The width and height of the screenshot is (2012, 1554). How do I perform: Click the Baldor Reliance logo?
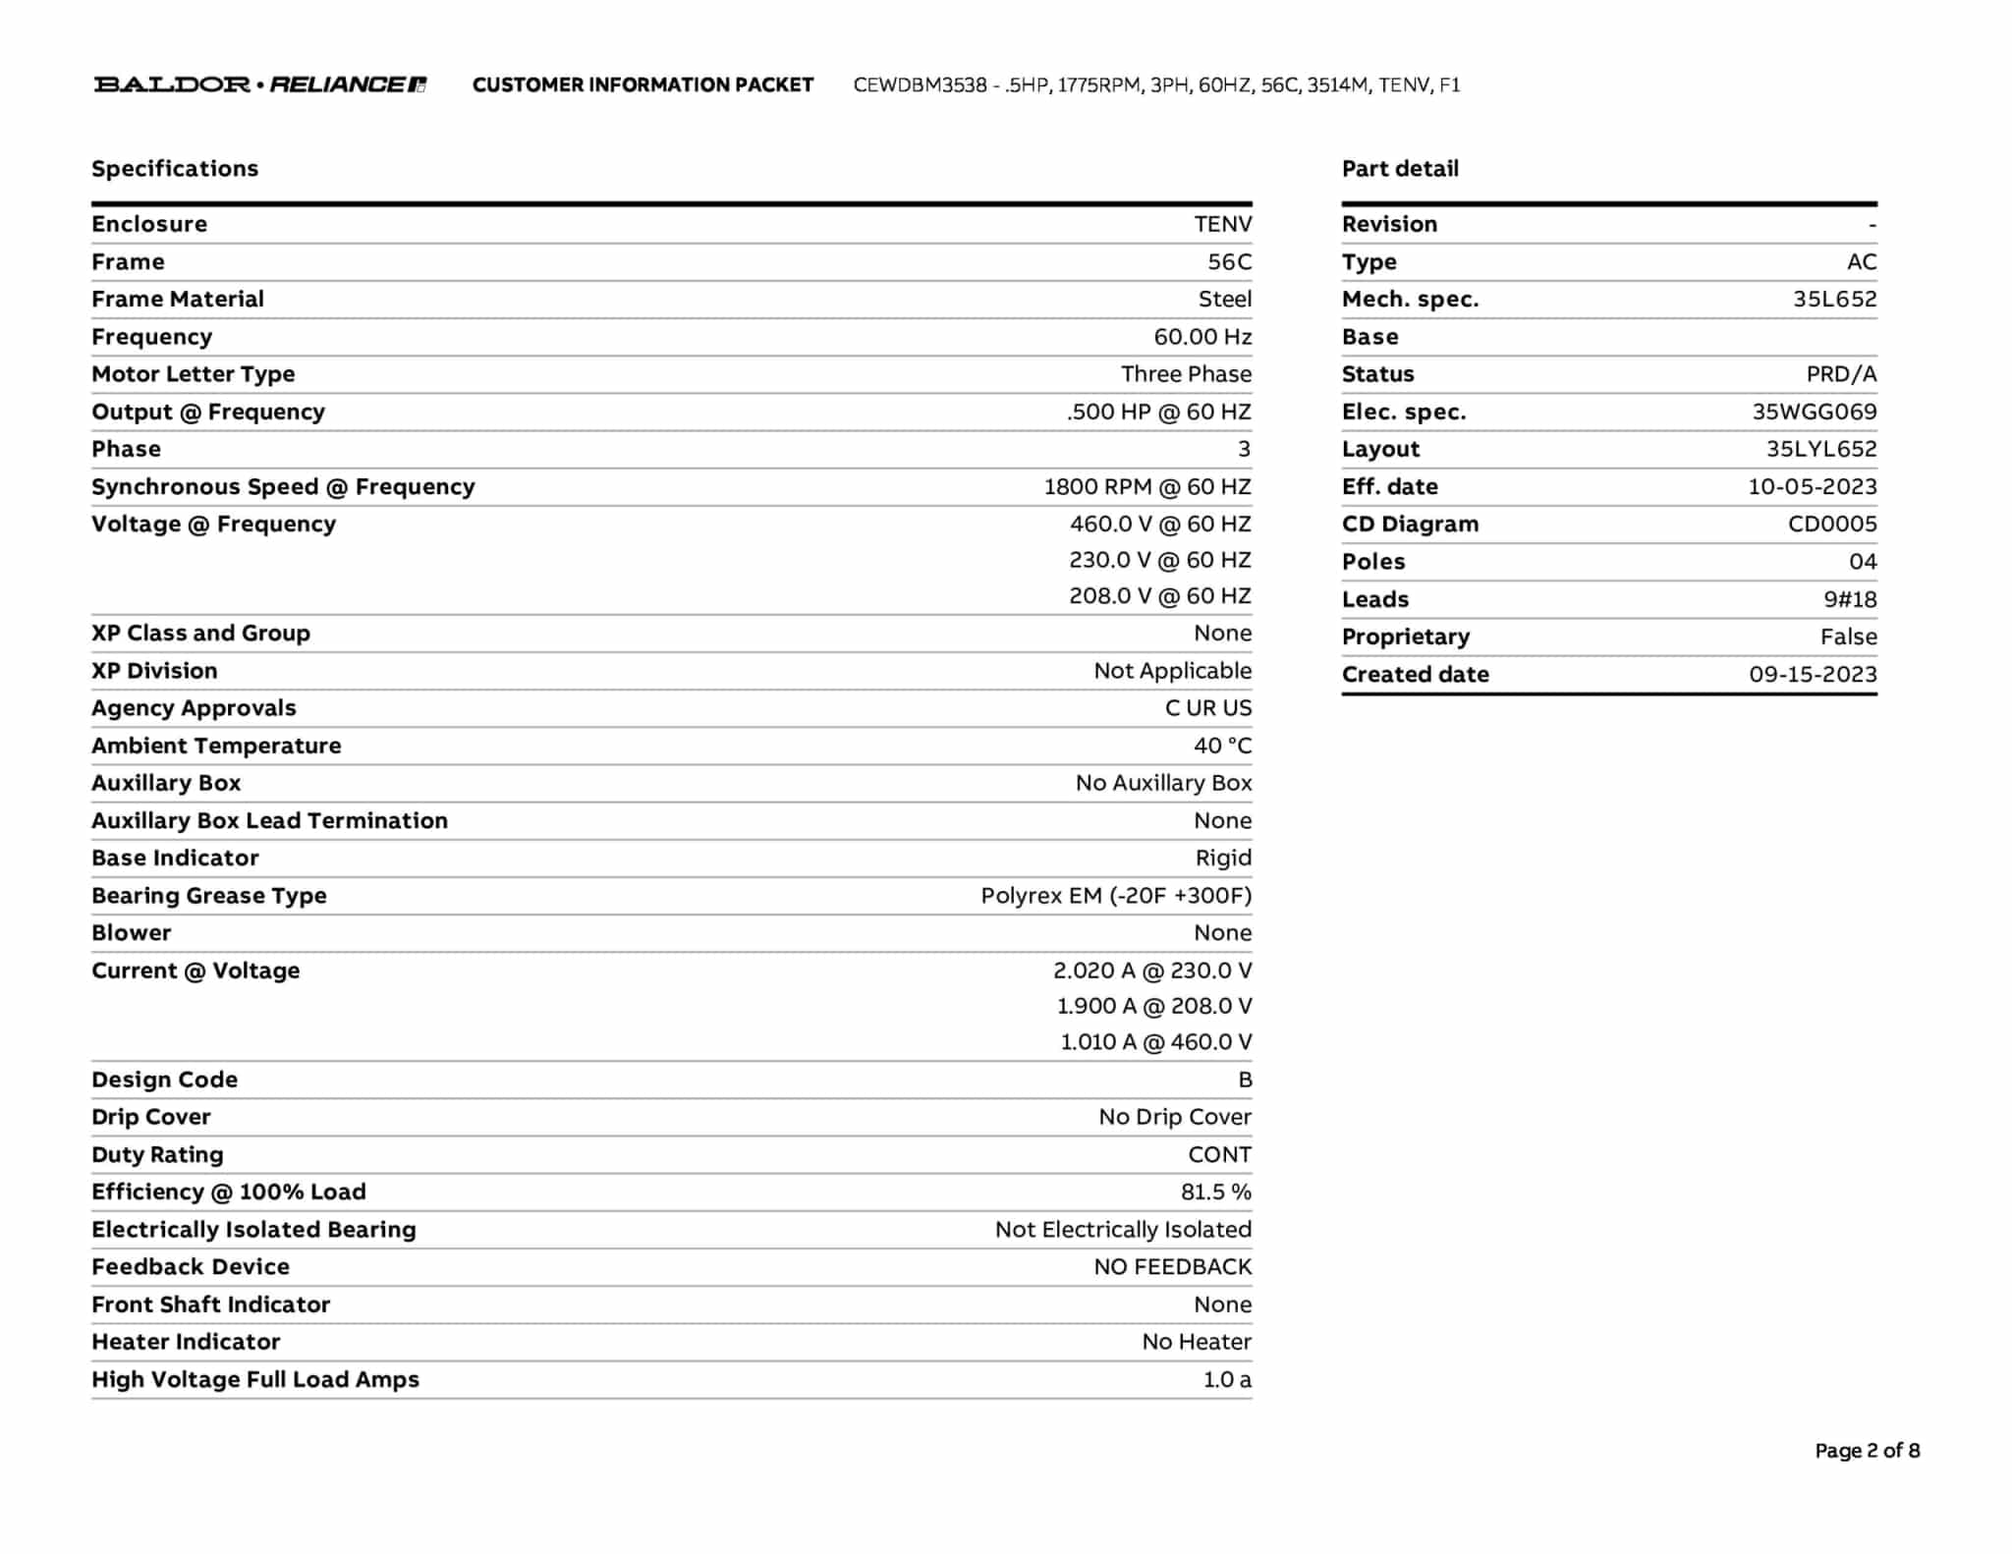point(260,84)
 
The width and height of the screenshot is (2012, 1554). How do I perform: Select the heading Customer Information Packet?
point(643,85)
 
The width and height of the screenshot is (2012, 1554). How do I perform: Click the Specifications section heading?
point(175,169)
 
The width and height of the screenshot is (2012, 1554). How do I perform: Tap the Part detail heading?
point(1400,169)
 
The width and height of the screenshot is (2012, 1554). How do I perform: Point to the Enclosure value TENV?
point(1222,225)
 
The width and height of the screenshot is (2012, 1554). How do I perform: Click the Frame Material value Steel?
point(1224,300)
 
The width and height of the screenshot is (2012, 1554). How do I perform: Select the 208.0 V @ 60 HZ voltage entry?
point(1159,596)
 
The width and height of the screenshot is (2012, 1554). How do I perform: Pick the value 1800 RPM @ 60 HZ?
point(1146,487)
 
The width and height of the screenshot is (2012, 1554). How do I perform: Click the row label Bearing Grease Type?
point(209,896)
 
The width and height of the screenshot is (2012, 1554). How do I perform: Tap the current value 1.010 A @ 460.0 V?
point(1155,1042)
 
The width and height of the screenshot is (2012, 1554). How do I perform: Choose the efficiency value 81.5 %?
point(1215,1193)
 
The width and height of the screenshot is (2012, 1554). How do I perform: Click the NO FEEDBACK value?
point(1172,1267)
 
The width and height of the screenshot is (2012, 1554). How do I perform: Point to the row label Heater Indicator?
point(186,1342)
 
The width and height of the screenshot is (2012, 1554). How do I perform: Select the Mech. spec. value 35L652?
point(1834,300)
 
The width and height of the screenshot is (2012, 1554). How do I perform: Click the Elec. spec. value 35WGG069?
point(1814,413)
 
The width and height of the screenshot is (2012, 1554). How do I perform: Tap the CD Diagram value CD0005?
point(1831,525)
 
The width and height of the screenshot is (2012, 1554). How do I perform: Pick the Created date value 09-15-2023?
point(1812,675)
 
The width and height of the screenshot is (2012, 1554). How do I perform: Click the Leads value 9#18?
point(1849,600)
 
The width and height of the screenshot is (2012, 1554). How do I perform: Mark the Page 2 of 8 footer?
point(1867,1451)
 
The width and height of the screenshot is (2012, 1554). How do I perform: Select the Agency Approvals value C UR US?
point(1207,708)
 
